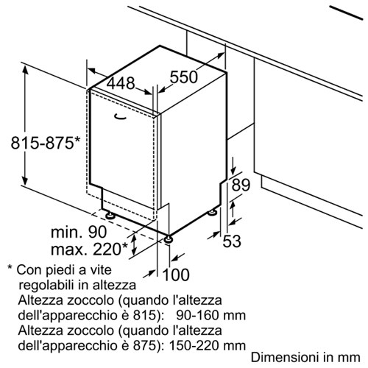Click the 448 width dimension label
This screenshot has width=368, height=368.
121,83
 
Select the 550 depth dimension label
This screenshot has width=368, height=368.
184,77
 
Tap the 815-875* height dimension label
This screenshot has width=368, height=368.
46,143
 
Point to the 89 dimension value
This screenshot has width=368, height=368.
241,185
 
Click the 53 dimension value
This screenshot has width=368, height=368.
232,241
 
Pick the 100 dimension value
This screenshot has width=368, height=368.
176,275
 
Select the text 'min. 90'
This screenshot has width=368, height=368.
79,232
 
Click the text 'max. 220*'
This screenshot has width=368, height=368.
89,249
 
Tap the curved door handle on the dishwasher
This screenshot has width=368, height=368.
121,118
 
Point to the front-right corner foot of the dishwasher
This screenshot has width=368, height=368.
169,239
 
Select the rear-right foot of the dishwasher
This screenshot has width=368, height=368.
212,212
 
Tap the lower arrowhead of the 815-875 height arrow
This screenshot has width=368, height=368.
25,180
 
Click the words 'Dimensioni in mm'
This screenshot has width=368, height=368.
305,357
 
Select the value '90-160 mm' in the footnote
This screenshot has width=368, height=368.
210,315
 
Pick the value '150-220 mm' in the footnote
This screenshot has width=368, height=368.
208,346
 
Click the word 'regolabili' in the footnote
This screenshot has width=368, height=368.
46,285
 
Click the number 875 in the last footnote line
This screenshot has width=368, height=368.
144,346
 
